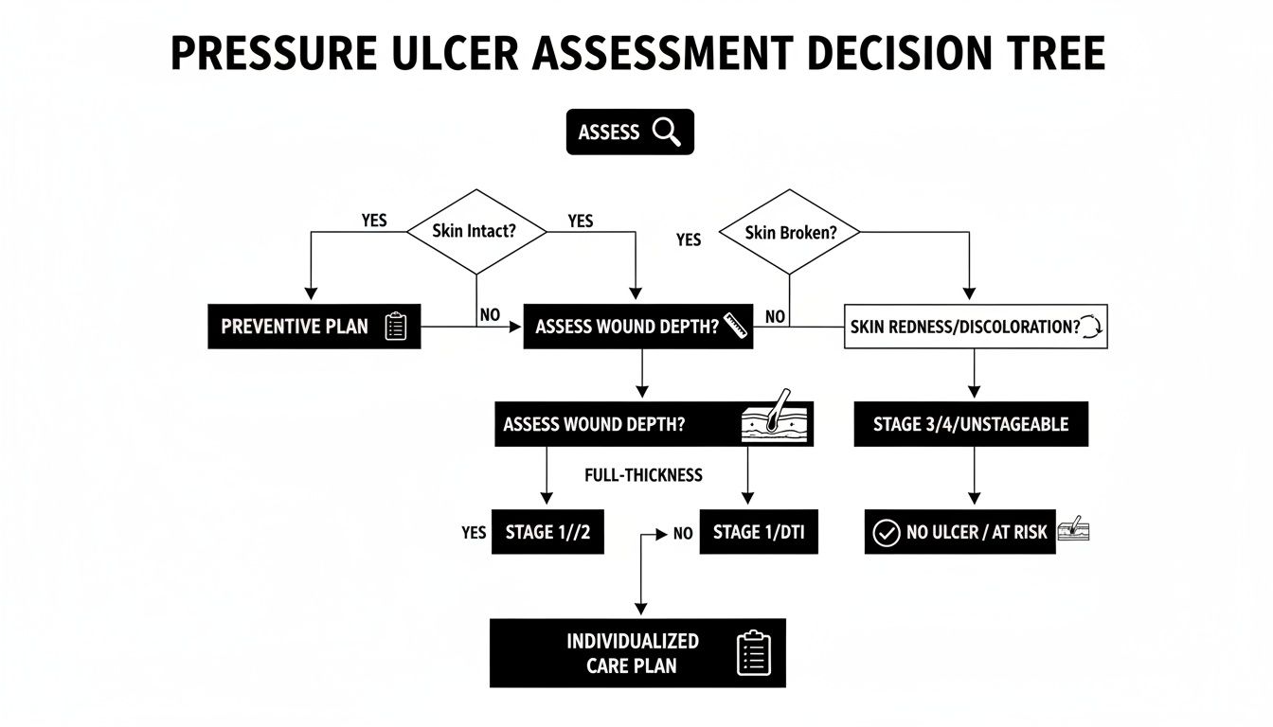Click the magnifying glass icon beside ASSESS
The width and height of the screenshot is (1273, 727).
[667, 133]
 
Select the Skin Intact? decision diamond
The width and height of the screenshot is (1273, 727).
[476, 231]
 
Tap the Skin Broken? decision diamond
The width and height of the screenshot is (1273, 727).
[790, 232]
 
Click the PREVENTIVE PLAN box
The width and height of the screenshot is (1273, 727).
[313, 327]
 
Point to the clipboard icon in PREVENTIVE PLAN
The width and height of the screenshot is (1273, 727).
[396, 327]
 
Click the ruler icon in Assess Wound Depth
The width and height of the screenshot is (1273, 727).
[735, 326]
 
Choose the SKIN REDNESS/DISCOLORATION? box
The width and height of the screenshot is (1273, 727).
[975, 327]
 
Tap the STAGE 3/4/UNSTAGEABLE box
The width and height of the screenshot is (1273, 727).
[971, 424]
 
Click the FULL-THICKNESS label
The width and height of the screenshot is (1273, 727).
[644, 475]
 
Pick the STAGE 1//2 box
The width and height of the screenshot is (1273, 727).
[547, 532]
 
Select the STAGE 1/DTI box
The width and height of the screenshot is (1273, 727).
[759, 532]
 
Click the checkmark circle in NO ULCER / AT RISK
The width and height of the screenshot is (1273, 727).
[885, 533]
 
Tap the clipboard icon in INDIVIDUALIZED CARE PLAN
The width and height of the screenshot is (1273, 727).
[754, 653]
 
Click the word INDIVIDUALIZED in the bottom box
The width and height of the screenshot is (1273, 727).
[633, 641]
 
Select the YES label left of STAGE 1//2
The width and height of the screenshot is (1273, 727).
[474, 533]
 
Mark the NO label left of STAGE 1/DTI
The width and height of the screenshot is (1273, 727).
[683, 534]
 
